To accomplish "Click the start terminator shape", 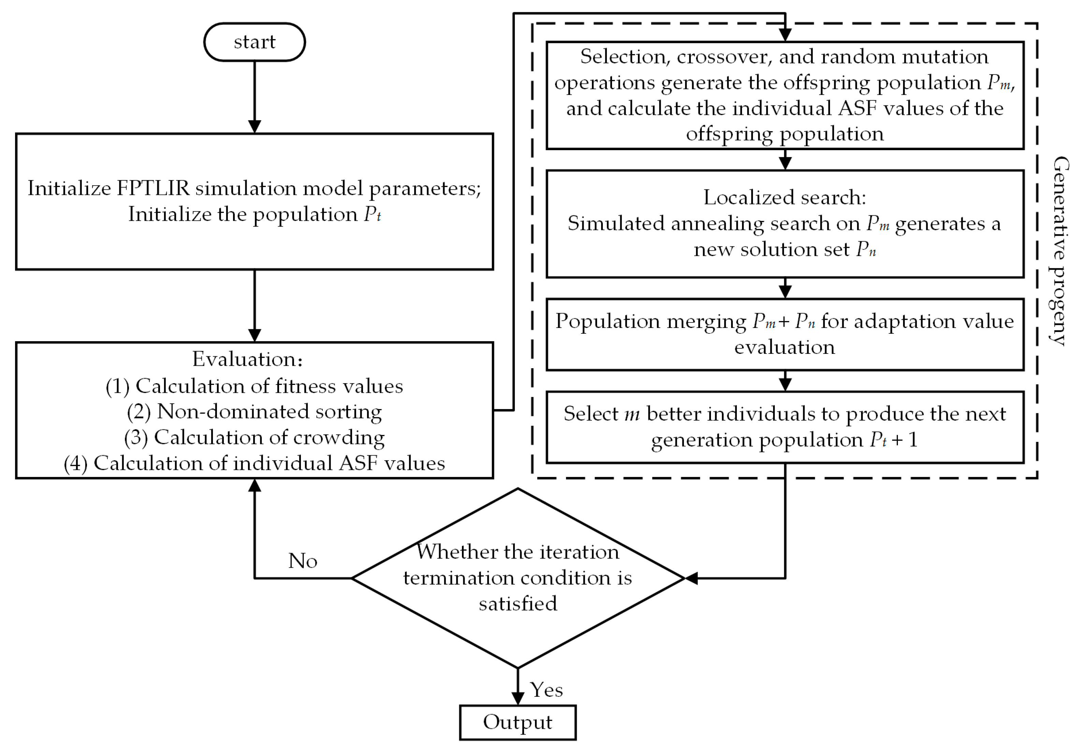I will click(x=255, y=42).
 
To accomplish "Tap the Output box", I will click(x=518, y=722).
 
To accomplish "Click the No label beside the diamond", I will click(x=303, y=561).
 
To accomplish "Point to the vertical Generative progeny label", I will click(x=1060, y=251).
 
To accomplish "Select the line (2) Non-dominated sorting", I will click(x=255, y=412).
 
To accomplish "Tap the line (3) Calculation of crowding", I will click(x=255, y=437).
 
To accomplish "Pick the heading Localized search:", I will click(x=785, y=197).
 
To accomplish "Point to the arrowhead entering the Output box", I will click(x=518, y=698).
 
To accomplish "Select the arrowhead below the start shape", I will click(x=255, y=127).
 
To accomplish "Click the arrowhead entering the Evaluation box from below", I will click(x=255, y=485).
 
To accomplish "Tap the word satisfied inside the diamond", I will click(x=518, y=604).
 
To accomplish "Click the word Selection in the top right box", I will click(x=622, y=57).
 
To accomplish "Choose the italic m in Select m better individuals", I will click(x=632, y=414).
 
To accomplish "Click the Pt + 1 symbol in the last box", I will click(x=893, y=440).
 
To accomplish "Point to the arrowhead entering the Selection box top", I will click(x=785, y=35).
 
